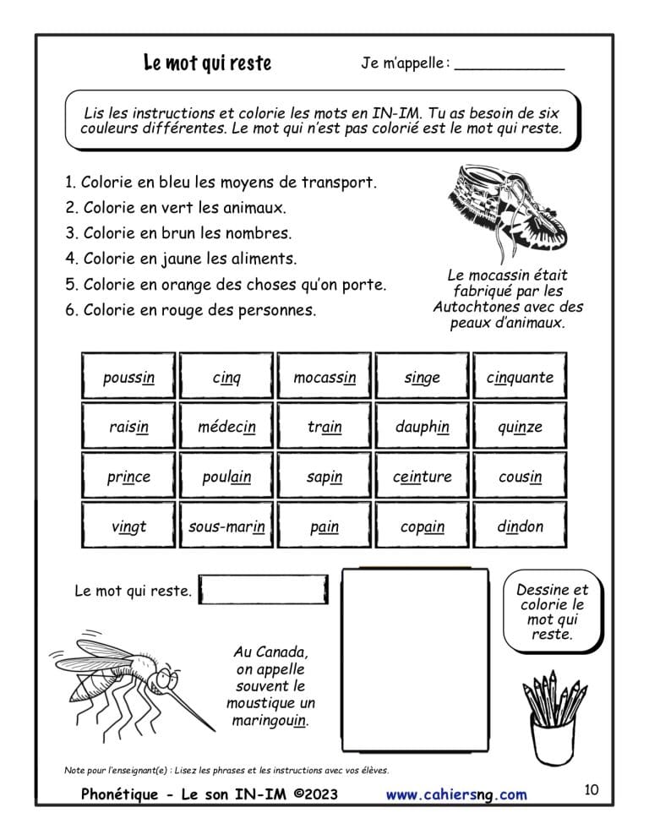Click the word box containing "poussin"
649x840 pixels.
pos(128,377)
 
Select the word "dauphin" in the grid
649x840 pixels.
pos(422,427)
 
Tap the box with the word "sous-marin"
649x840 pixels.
pos(226,526)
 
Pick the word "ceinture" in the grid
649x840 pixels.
pos(422,477)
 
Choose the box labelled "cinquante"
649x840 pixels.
pos(520,377)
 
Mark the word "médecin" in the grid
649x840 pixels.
pos(226,427)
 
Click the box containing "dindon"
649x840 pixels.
pos(520,526)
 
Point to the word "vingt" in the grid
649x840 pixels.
pos(128,526)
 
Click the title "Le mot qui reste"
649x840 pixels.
pos(208,63)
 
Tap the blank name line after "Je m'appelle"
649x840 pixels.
pos(509,64)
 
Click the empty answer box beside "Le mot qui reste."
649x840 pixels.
pos(265,590)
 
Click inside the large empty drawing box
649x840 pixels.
pos(415,659)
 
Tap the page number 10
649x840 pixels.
pos(591,790)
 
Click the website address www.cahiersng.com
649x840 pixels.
pos(456,794)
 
